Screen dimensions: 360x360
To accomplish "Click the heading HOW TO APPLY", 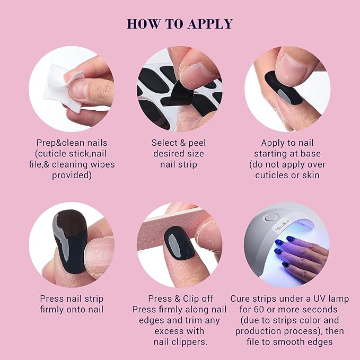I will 180,24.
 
